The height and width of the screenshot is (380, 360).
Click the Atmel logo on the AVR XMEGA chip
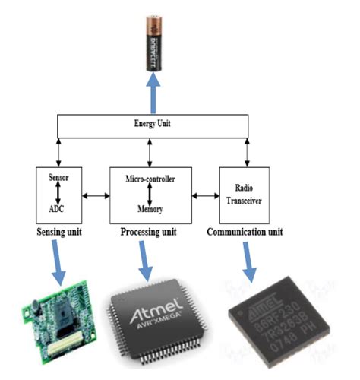tap(153, 314)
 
